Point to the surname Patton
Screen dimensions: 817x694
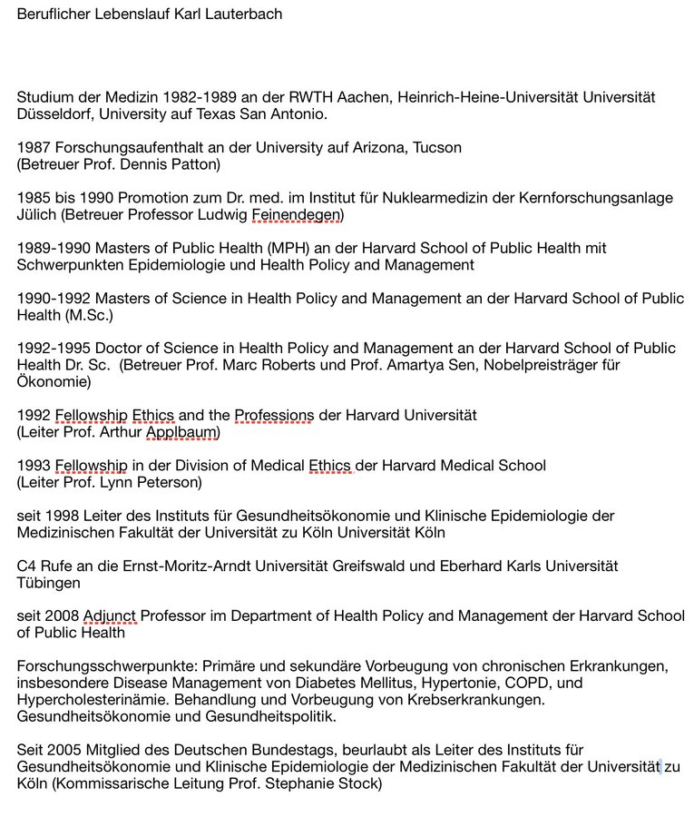[196, 164]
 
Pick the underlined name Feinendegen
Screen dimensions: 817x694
[297, 214]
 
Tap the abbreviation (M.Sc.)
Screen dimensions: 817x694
[100, 315]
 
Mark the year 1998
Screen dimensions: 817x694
[63, 516]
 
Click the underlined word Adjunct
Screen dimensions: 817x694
[110, 615]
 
